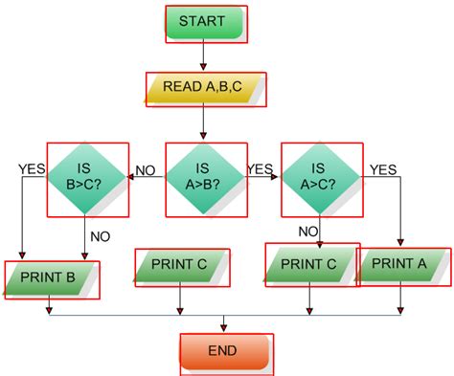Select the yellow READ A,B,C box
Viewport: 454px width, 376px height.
click(x=205, y=88)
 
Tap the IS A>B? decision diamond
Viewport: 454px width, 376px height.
click(x=203, y=178)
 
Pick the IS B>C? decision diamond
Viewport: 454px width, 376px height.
click(x=87, y=178)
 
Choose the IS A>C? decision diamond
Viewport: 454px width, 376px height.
click(x=321, y=178)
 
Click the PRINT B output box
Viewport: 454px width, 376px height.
click(x=52, y=278)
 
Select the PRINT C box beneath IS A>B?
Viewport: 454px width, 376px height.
click(x=182, y=267)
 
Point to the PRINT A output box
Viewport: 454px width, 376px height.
click(x=402, y=264)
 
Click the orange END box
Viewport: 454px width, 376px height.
click(x=225, y=351)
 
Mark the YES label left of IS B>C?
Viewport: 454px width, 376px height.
click(x=31, y=169)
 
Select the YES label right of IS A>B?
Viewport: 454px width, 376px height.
click(x=260, y=169)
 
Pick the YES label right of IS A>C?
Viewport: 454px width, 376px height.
click(x=383, y=169)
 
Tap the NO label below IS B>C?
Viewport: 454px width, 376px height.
click(x=100, y=233)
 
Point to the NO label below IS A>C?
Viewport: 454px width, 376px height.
click(x=307, y=231)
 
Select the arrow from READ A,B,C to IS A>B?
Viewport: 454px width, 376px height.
click(x=204, y=124)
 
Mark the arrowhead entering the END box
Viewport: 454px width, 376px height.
click(x=224, y=328)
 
